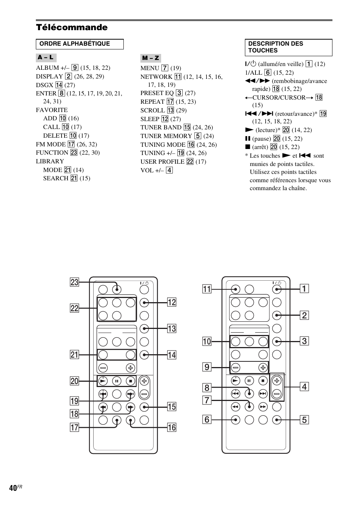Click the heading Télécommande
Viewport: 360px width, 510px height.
click(x=72, y=28)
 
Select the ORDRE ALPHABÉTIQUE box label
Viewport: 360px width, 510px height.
click(x=75, y=44)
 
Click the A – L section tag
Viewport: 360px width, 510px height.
click(x=46, y=58)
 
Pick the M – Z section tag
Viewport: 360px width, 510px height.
click(x=151, y=58)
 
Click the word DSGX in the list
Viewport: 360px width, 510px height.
click(x=44, y=85)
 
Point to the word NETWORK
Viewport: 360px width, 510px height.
click(x=156, y=77)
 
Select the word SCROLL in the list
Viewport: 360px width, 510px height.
click(x=152, y=110)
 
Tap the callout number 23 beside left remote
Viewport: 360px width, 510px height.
click(x=74, y=282)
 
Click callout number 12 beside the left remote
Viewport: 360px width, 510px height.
click(x=172, y=302)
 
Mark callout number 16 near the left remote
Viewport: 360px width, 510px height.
click(x=172, y=427)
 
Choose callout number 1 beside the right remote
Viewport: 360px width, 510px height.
click(x=305, y=289)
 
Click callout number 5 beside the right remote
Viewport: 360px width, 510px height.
click(x=305, y=419)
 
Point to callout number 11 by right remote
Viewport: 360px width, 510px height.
click(x=207, y=289)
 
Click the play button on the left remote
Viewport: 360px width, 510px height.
click(x=103, y=381)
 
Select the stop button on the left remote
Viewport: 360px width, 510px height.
click(x=130, y=381)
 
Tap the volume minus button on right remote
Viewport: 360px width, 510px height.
click(x=277, y=394)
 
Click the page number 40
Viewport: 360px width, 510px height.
click(x=13, y=488)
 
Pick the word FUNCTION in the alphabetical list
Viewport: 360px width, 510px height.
click(x=52, y=153)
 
